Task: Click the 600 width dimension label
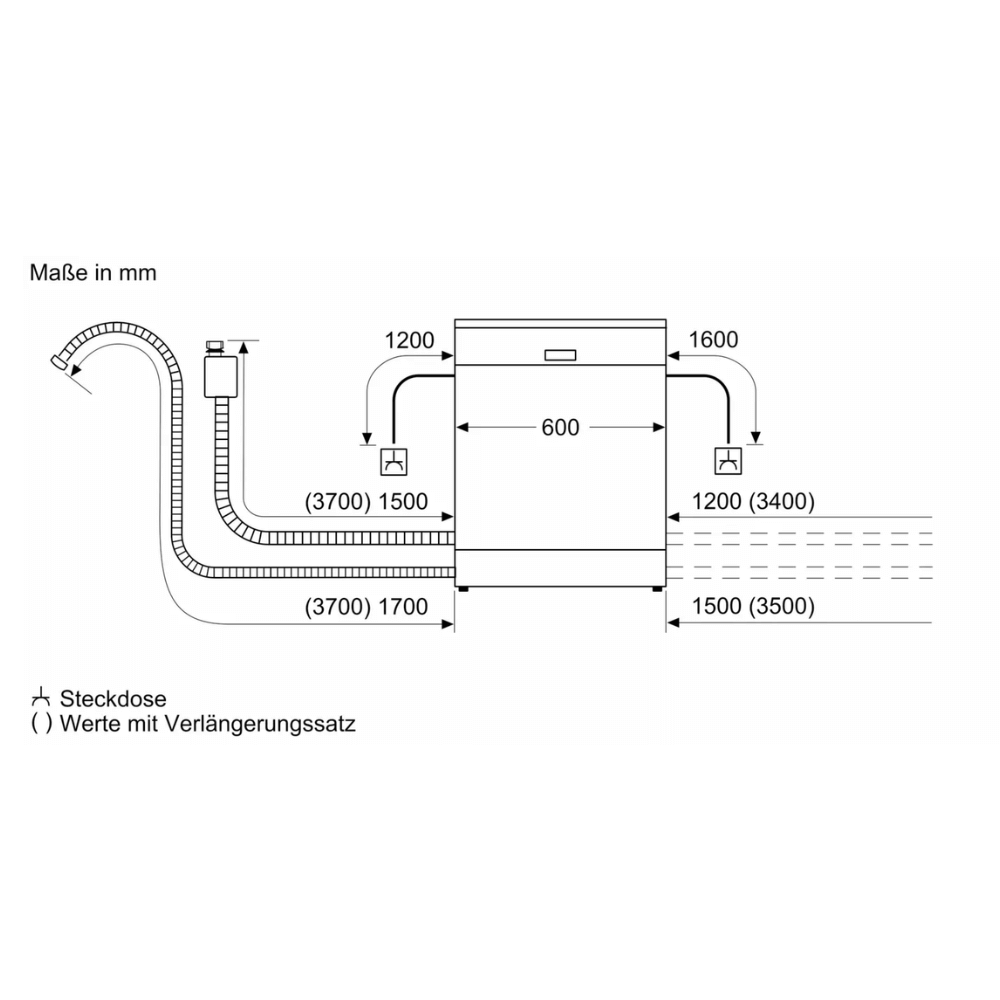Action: click(560, 427)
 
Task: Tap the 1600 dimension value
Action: click(713, 340)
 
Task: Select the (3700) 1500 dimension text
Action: click(366, 501)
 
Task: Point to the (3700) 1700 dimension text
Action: click(366, 606)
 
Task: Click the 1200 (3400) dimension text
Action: click(753, 501)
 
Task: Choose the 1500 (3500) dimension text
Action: click(753, 606)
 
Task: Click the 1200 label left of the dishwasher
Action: click(409, 341)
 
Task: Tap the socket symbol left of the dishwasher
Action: click(393, 462)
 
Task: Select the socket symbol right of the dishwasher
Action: click(728, 461)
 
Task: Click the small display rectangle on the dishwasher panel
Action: click(560, 355)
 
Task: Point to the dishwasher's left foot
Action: click(462, 589)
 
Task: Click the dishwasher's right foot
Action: click(657, 589)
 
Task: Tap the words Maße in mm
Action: click(93, 272)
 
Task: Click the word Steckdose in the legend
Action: click(113, 699)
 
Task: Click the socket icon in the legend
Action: click(41, 698)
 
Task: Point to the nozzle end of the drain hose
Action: click(59, 362)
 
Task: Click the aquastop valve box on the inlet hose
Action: click(221, 377)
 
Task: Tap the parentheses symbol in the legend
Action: click(41, 724)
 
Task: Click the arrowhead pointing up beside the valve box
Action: click(243, 348)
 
